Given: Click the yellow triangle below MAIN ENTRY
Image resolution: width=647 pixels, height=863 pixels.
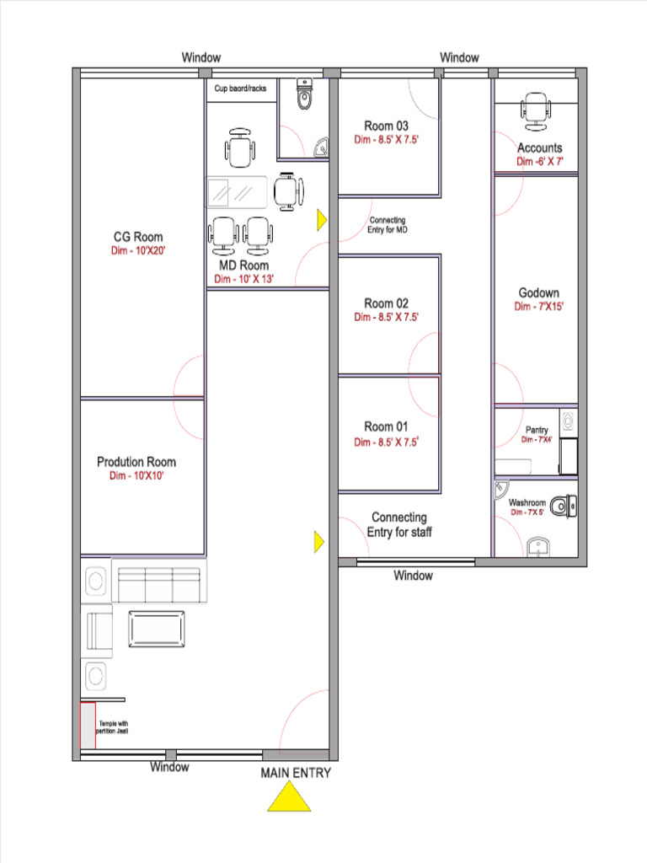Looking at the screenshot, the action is pyautogui.click(x=290, y=797).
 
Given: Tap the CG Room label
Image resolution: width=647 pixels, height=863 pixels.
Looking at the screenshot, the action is pyautogui.click(x=138, y=237).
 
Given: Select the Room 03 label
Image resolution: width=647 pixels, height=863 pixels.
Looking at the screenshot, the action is pyautogui.click(x=386, y=126).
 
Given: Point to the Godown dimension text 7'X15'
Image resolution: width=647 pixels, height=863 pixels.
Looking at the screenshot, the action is pyautogui.click(x=538, y=307).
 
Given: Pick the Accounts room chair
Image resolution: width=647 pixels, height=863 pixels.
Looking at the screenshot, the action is pyautogui.click(x=535, y=112).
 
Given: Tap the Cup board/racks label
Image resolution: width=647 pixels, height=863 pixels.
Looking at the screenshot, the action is pyautogui.click(x=240, y=88).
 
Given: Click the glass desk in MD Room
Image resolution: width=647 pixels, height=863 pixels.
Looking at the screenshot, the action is pyautogui.click(x=237, y=192).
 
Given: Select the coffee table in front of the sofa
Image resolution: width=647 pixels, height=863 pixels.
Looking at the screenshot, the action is pyautogui.click(x=156, y=629).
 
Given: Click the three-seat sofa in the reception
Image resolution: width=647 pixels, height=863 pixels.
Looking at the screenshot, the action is pyautogui.click(x=159, y=581).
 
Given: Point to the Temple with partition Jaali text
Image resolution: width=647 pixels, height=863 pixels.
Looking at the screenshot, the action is pyautogui.click(x=112, y=727).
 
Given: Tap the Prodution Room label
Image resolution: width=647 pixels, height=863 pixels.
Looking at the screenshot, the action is pyautogui.click(x=136, y=462).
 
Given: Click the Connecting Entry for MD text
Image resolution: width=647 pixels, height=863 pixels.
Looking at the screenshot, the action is pyautogui.click(x=388, y=224).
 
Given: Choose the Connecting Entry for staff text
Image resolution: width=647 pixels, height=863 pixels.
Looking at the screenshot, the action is pyautogui.click(x=399, y=524).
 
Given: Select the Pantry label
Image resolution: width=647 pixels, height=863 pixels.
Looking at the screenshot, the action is pyautogui.click(x=537, y=429).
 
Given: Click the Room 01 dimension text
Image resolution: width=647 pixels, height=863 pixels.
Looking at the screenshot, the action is pyautogui.click(x=386, y=442).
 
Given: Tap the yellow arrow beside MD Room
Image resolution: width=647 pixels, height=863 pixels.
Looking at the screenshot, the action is pyautogui.click(x=322, y=220).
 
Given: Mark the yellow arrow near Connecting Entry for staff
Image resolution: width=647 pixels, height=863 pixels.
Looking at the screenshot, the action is pyautogui.click(x=319, y=542).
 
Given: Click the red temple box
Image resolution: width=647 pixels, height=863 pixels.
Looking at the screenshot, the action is pyautogui.click(x=88, y=726).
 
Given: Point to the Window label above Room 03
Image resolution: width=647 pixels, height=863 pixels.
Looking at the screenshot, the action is pyautogui.click(x=459, y=57).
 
